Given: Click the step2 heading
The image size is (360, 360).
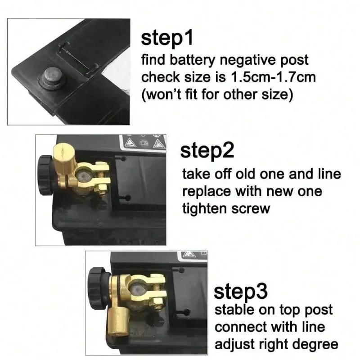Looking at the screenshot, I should [207, 151].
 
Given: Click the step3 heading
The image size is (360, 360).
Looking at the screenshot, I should [241, 291].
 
